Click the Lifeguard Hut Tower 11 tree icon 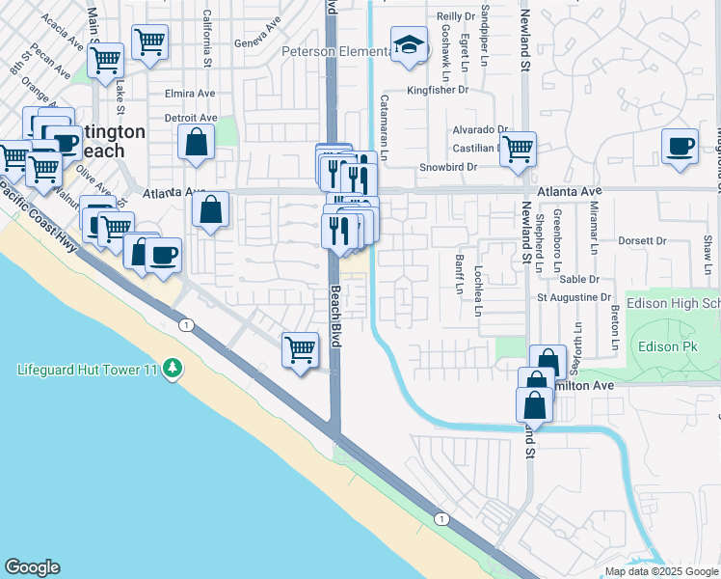coord(173,368)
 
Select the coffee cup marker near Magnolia coord(681,148)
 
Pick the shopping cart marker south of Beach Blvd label coord(300,348)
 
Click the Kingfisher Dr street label coord(436,90)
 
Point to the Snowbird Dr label coord(448,167)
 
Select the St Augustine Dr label coord(574,297)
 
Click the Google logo coord(32,567)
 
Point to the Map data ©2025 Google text coord(662,571)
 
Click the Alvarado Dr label coord(480,129)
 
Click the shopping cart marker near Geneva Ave coord(149,42)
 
